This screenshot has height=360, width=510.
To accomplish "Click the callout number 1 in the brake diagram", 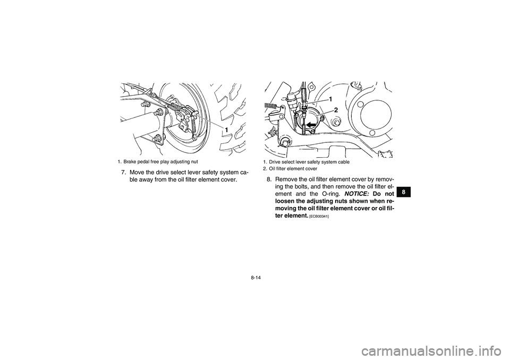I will pos(226,130).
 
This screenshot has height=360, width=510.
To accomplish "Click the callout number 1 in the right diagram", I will pos(330,99).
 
